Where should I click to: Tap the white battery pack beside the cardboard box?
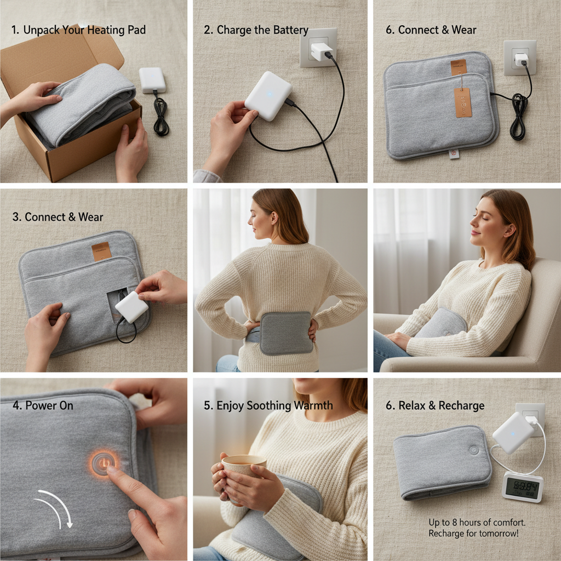pos(152,80)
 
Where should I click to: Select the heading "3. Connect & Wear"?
pos(58,217)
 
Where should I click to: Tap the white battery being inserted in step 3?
pos(131,307)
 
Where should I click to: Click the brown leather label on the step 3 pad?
pos(101,251)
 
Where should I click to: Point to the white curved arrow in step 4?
pos(58,507)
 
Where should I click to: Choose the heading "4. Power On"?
pos(43,406)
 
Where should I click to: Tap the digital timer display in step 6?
pos(522,486)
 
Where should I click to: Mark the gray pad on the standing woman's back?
pos(286,333)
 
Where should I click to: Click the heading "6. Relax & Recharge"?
pos(435,406)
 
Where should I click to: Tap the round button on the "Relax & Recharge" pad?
pos(473,450)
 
